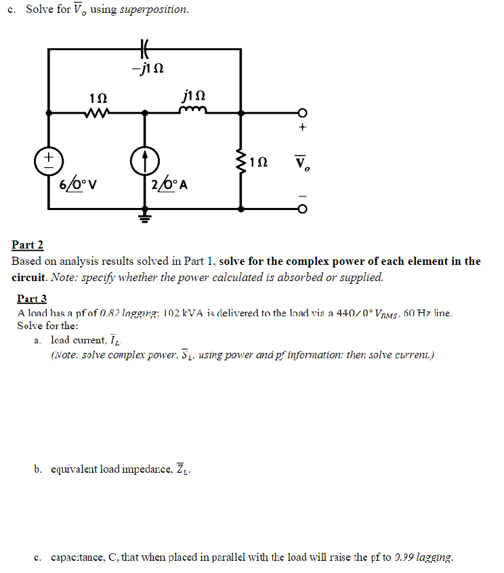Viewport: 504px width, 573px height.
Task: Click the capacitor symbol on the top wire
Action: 144,49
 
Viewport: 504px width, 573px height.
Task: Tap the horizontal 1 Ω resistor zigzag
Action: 95,112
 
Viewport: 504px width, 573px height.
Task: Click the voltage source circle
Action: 48,160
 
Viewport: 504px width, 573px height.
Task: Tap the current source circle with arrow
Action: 144,160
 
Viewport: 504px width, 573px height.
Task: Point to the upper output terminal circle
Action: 302,112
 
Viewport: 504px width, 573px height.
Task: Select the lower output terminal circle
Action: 302,208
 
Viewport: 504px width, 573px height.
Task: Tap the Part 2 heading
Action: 28,245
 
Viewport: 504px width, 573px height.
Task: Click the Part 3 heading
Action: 32,299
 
